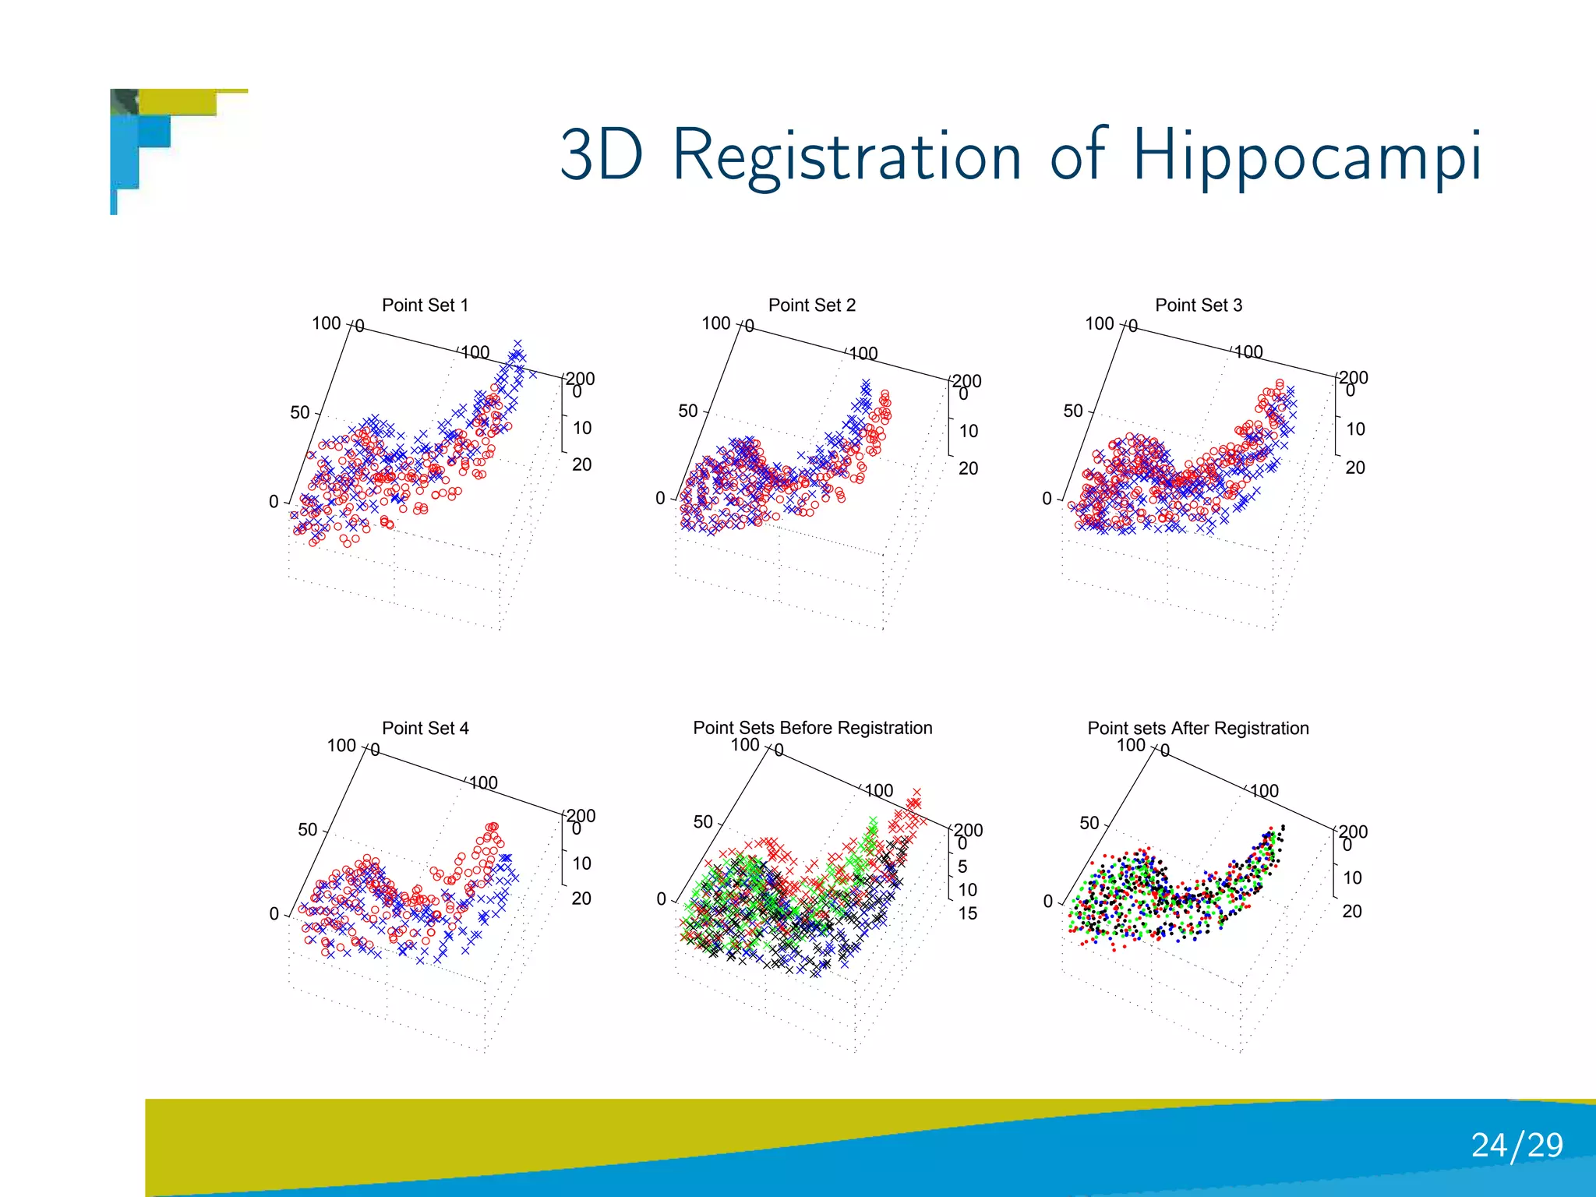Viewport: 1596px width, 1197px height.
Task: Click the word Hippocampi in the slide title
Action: tap(1306, 156)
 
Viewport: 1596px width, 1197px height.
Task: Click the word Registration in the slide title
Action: tap(846, 156)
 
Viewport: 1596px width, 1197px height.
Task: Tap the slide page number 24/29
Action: tap(1517, 1145)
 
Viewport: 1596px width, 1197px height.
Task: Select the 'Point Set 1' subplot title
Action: tap(425, 305)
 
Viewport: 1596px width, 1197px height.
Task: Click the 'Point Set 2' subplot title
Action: tap(811, 305)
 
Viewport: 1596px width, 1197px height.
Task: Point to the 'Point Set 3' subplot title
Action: tap(1198, 305)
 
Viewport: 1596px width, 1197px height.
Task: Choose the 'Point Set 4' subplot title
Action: tap(425, 728)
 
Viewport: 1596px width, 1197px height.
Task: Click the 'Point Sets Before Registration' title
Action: tap(812, 728)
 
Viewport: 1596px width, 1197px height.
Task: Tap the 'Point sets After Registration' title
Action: tap(1198, 728)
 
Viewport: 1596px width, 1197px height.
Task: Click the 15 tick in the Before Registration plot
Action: tap(967, 913)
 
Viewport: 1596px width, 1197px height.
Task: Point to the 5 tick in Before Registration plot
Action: tap(962, 867)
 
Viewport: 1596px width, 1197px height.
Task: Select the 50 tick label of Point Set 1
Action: tap(300, 412)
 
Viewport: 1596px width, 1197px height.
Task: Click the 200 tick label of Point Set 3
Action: tap(1354, 377)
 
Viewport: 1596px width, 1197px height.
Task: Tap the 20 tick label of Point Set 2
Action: tap(968, 468)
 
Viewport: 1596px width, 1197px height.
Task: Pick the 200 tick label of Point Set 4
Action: tap(581, 815)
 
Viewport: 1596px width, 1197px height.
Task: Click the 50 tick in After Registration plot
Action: tap(1089, 823)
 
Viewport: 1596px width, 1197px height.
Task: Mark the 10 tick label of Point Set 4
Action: tap(581, 863)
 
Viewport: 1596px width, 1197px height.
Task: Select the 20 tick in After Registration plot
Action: tap(1351, 911)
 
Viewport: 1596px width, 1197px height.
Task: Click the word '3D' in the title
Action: tap(602, 156)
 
